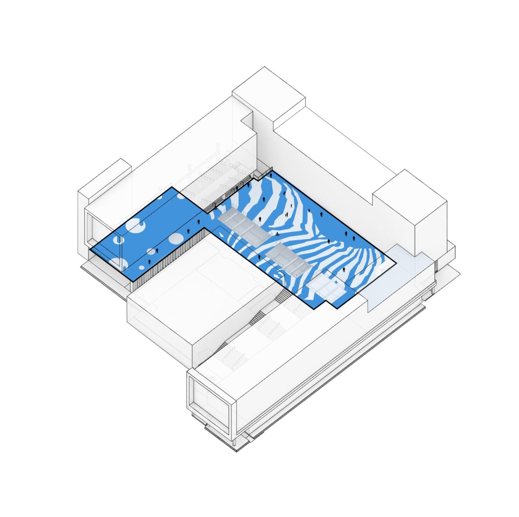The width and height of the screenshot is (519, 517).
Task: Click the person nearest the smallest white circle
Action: click(x=149, y=262)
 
